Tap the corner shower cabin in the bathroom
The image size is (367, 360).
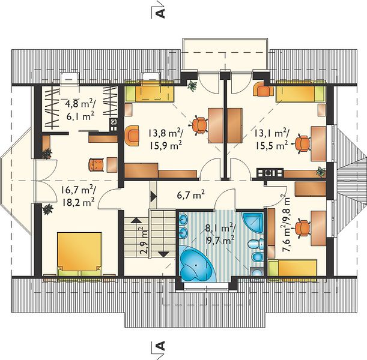point(253,223)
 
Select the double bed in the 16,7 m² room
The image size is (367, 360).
point(79,254)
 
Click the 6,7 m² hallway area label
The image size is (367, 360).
point(191,195)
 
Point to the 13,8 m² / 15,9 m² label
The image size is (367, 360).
point(165,140)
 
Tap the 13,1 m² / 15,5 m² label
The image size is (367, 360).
point(271,140)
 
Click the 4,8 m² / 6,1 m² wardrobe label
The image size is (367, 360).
point(80,109)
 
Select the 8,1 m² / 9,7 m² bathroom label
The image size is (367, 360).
point(220,233)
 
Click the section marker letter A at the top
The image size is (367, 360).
point(160,13)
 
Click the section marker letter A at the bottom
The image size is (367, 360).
point(160,346)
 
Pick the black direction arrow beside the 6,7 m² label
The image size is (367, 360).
point(153,196)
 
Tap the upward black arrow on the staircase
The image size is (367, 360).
point(136,220)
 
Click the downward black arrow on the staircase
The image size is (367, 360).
point(163,254)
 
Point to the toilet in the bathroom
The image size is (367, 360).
point(256,244)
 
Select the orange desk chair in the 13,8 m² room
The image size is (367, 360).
point(199,125)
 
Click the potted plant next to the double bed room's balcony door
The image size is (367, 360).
point(47,209)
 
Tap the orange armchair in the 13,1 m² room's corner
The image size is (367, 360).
point(263,88)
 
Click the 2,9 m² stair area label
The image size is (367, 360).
point(144,240)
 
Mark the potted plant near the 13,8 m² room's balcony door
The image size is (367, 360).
point(192,86)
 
